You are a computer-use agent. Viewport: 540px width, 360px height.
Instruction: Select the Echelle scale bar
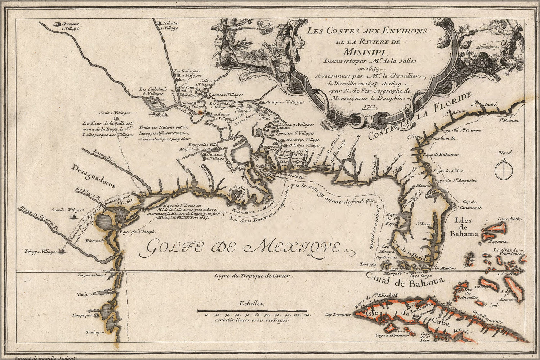click(252, 310)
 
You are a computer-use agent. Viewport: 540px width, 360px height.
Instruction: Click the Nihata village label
click(170, 24)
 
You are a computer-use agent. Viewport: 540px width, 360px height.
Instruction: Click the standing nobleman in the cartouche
click(280, 52)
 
